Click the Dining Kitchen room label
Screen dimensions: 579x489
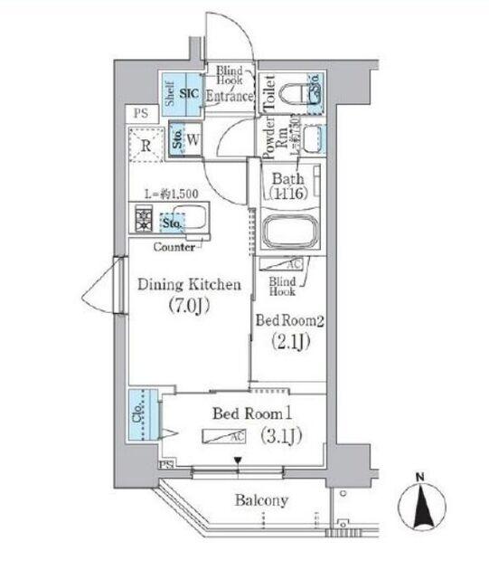pos(189,285)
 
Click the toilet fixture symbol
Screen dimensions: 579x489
pos(296,91)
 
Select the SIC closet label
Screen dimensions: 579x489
pos(190,91)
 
